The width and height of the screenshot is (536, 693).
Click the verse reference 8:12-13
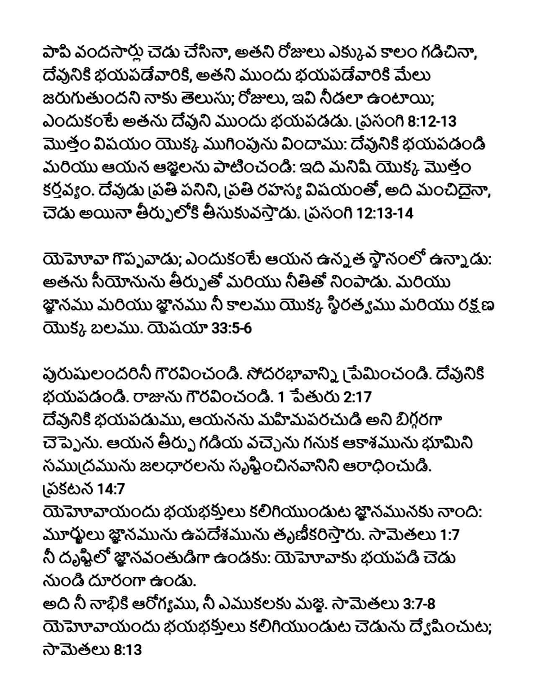[431, 122]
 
